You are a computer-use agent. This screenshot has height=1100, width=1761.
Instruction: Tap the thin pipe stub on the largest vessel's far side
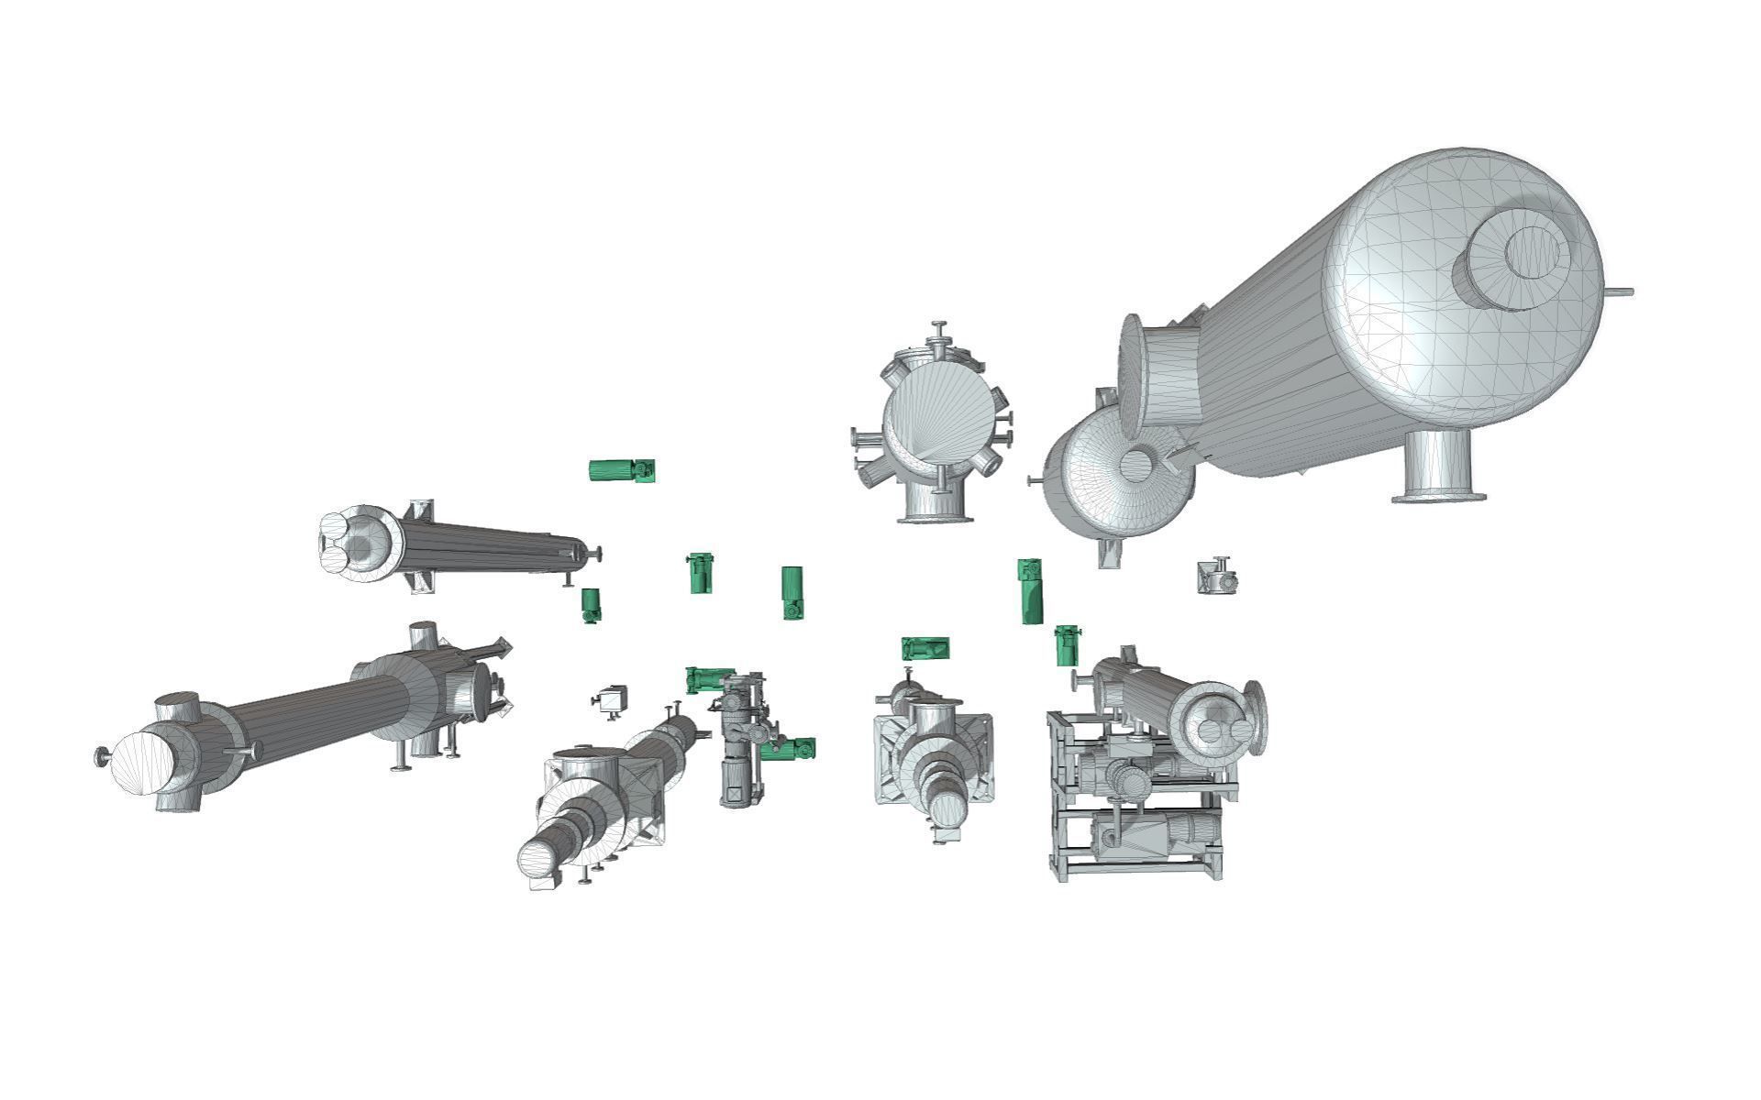pyautogui.click(x=1619, y=292)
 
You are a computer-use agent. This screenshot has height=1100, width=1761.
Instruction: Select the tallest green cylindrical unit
pyautogui.click(x=1031, y=591)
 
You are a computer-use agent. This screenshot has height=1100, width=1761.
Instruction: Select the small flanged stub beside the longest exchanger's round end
pyautogui.click(x=103, y=756)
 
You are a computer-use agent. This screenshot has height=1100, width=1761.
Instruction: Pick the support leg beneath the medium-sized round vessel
pyautogui.click(x=1109, y=554)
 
